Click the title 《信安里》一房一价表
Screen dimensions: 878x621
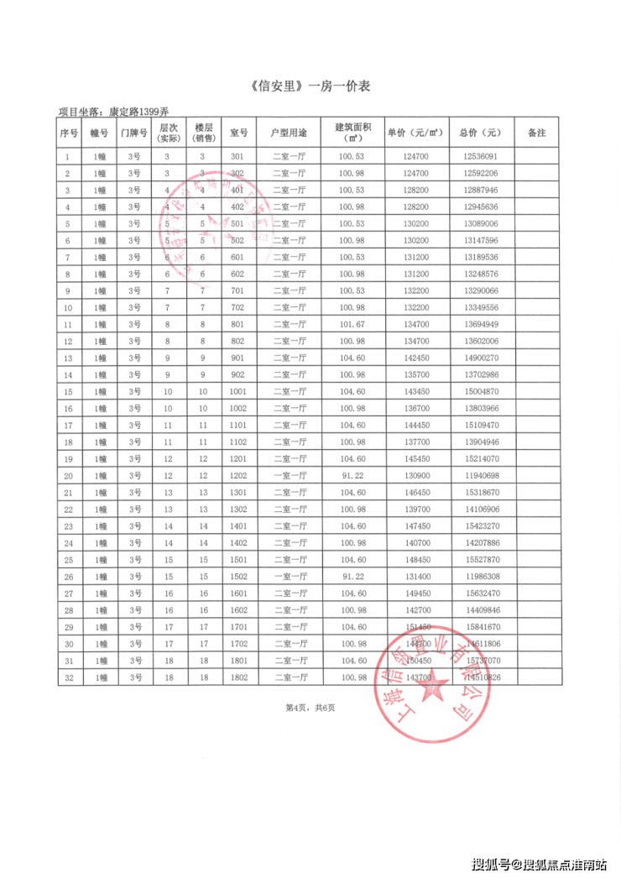[310, 86]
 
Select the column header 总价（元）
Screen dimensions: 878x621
[479, 133]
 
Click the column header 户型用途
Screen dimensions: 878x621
[289, 133]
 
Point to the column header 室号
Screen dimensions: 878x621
[237, 133]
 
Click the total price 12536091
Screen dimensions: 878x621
[479, 157]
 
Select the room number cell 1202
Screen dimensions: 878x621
[237, 476]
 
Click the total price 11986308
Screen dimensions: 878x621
[479, 577]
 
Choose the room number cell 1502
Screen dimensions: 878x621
[237, 577]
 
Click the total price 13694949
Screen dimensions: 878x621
[479, 325]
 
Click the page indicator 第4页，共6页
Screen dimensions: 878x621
[310, 708]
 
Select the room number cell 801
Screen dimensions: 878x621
[237, 325]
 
